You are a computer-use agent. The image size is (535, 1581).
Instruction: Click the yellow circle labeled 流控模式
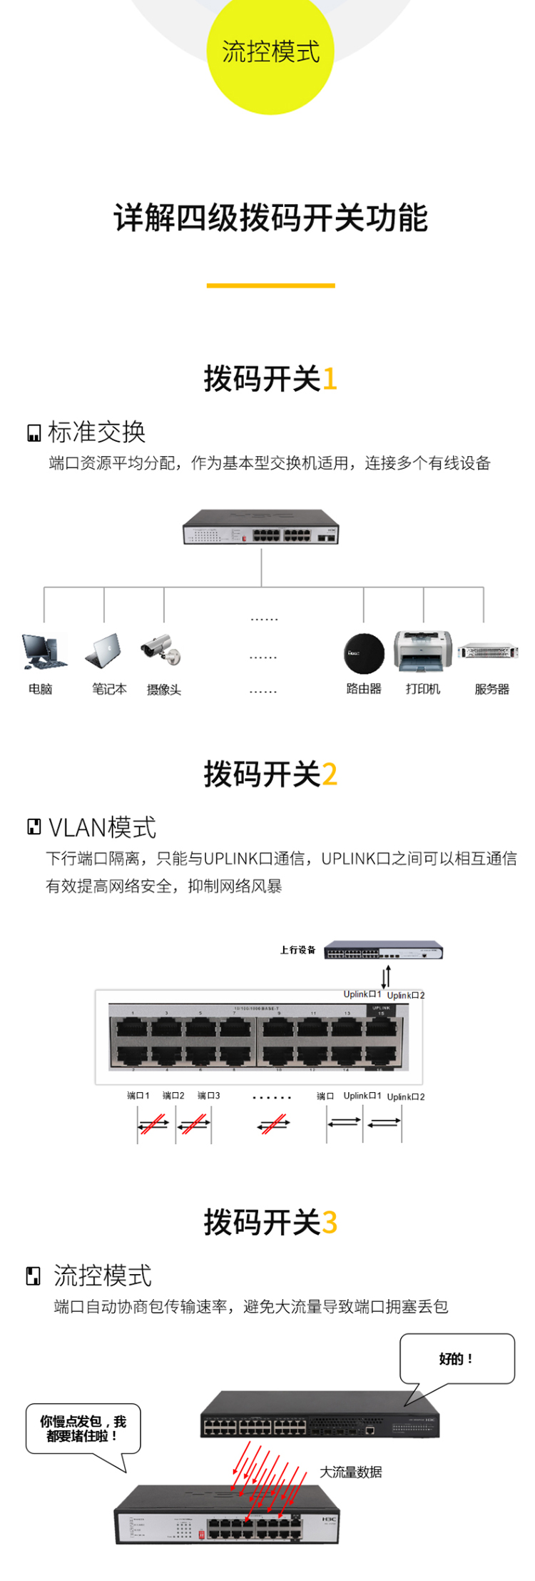(x=270, y=53)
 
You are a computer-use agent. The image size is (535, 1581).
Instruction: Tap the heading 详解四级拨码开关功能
(x=270, y=218)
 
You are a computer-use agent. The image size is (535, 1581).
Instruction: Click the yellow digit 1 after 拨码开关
(x=329, y=379)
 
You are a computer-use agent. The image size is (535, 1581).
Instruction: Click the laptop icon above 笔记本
(x=104, y=651)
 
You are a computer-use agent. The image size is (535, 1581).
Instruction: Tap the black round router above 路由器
(x=364, y=653)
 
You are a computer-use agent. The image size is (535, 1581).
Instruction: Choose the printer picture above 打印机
(x=423, y=651)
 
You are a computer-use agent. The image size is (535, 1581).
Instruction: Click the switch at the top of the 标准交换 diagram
(x=261, y=527)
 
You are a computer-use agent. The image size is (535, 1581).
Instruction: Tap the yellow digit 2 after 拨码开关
(x=329, y=774)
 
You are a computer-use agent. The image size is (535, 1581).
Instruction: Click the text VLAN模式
(x=102, y=827)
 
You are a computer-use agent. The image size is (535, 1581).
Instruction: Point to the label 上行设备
(x=297, y=950)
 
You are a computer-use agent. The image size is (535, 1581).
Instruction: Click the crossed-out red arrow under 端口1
(x=154, y=1124)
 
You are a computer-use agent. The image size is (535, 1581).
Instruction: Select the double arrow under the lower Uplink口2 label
(x=384, y=1123)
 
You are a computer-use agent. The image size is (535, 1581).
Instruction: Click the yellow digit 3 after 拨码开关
(x=329, y=1222)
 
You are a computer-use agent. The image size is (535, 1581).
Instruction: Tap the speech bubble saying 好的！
(x=457, y=1358)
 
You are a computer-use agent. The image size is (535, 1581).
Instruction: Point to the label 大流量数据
(x=350, y=1472)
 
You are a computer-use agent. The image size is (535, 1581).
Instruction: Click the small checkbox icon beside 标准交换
(x=34, y=433)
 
